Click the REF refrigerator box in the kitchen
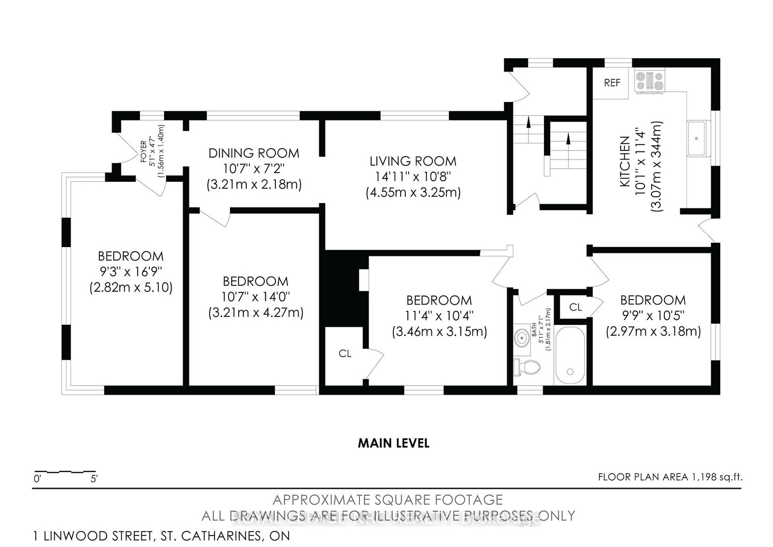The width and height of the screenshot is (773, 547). (612, 83)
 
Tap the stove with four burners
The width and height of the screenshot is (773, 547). (650, 81)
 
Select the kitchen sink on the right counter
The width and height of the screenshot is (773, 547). (697, 138)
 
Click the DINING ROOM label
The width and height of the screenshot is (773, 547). (254, 153)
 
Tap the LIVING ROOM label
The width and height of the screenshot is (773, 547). (413, 161)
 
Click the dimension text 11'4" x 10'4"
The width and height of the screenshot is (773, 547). (439, 316)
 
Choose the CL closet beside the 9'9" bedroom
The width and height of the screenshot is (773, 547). (575, 307)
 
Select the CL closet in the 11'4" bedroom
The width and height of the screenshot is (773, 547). (344, 354)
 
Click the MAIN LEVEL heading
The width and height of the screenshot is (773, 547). (393, 443)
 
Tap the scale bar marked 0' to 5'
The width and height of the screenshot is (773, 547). (65, 471)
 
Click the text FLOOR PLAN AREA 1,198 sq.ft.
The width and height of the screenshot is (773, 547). (670, 477)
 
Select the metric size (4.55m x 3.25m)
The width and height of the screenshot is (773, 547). (413, 192)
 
